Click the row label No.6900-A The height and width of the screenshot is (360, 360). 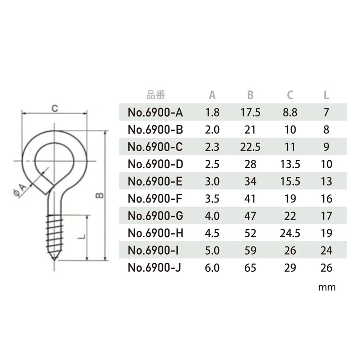(156, 113)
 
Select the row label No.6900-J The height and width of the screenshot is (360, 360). (156, 268)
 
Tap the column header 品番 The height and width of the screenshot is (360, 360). (156, 95)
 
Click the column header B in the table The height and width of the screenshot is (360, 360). (251, 95)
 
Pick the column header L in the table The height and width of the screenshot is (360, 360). (327, 95)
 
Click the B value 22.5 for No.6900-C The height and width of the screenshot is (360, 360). (251, 147)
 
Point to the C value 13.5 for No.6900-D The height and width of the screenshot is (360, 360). (290, 165)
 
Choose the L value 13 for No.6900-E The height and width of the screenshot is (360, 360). (327, 182)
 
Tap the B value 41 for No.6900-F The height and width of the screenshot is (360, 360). (251, 199)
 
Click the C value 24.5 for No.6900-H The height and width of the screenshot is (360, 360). (290, 234)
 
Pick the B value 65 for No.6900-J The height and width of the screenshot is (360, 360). (251, 268)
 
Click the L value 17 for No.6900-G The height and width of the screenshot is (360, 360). (327, 216)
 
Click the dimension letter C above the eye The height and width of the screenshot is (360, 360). (54, 108)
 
